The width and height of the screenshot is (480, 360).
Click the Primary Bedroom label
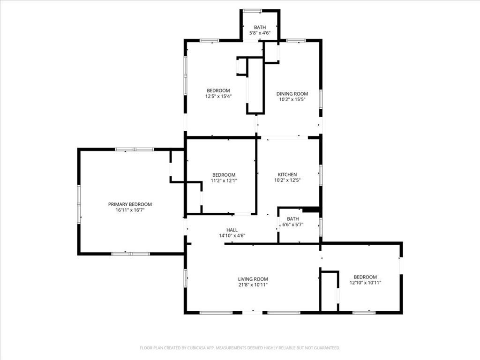pos(130,204)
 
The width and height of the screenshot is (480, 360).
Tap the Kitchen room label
pos(287,174)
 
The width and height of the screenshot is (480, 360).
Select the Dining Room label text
pos(292,94)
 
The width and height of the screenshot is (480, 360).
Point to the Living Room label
pos(253,279)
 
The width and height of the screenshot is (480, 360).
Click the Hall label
pos(232,230)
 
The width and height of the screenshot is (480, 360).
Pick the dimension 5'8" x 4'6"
pos(260,33)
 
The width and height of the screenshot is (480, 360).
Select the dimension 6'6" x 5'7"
pos(293,225)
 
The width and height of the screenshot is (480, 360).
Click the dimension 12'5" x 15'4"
pos(218,96)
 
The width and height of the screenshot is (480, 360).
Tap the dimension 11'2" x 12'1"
pos(224,180)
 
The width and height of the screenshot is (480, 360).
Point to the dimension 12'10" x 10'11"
pos(365,283)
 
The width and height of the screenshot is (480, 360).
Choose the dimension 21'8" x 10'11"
pos(253,285)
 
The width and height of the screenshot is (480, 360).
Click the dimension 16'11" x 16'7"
pos(130,210)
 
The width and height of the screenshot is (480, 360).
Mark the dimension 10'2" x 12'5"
pos(287,180)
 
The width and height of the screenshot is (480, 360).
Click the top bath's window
pos(252,11)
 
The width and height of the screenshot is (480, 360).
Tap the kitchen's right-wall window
pos(321,175)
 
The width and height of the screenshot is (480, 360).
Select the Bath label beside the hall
pos(293,219)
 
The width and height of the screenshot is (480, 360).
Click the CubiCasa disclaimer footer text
pos(240,348)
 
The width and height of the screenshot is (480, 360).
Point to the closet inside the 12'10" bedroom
pos(329,291)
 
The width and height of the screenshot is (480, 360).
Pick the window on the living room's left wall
pos(185,278)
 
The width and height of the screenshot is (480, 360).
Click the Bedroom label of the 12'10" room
pos(365,277)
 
